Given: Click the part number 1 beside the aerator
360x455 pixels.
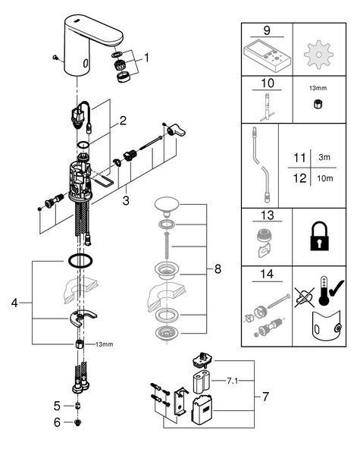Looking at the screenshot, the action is (x=147, y=58).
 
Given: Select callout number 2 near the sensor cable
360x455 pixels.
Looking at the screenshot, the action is (x=123, y=121).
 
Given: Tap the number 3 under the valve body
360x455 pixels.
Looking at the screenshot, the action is (x=126, y=200).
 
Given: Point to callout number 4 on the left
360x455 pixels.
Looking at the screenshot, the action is (x=14, y=303).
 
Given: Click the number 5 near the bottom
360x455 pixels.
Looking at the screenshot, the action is (x=57, y=406).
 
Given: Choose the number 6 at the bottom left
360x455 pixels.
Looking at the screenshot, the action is (x=57, y=422).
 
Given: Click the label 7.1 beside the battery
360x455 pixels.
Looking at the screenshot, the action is (x=232, y=381).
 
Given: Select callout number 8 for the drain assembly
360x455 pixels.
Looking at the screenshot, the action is (x=218, y=269).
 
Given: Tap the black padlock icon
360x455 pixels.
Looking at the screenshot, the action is (x=320, y=236).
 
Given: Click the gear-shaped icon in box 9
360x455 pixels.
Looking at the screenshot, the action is (x=318, y=55).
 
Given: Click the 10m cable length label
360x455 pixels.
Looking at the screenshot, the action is (x=325, y=178).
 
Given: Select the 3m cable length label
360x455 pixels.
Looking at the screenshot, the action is (x=324, y=157).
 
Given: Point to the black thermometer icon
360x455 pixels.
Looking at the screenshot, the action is (x=324, y=291).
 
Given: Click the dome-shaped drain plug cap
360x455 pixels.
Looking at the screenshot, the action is (x=167, y=206).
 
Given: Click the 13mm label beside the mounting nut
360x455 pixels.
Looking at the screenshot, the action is (x=104, y=344).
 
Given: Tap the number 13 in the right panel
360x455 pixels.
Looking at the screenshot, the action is (x=267, y=215).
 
